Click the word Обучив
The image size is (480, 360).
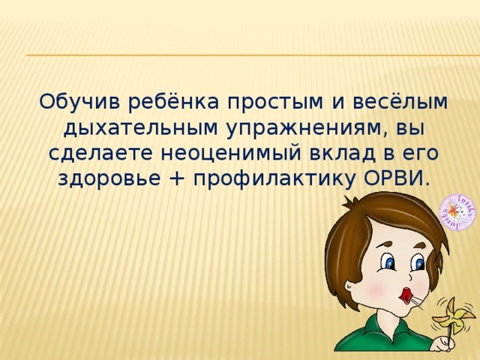(x=80, y=101)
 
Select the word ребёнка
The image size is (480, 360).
(x=174, y=101)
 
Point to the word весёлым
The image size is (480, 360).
(x=400, y=101)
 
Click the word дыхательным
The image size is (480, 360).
(x=140, y=128)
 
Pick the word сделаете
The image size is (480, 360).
(x=100, y=154)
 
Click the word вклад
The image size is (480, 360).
(x=342, y=154)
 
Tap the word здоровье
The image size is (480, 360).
(x=109, y=179)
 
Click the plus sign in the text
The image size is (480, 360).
(x=177, y=179)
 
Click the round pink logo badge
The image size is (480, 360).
(x=457, y=211)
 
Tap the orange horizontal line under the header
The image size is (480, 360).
(x=253, y=55)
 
